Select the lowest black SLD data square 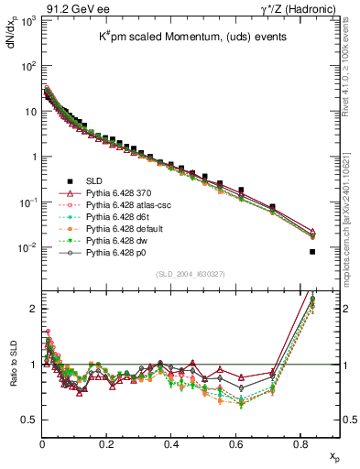pyautogui.click(x=312, y=252)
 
